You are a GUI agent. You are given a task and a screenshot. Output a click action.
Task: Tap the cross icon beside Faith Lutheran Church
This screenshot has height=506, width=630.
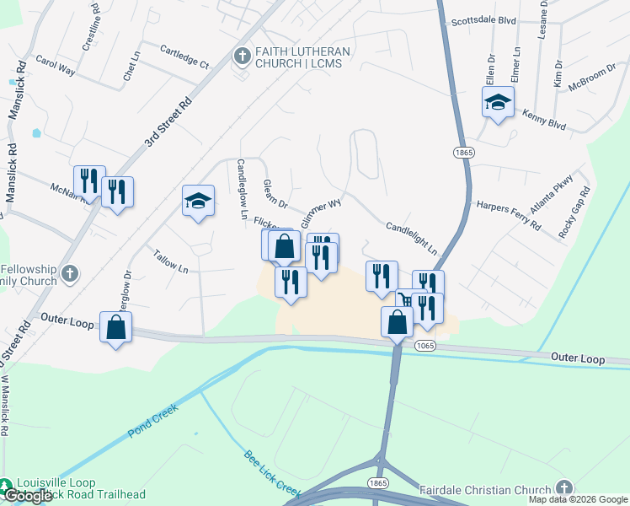[242, 57]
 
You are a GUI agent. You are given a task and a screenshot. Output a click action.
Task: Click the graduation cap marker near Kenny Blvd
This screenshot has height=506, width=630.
[498, 103]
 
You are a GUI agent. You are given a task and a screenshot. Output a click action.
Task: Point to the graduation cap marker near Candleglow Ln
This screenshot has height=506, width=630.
[198, 201]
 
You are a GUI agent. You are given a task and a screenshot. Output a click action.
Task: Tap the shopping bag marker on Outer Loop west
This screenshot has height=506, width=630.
[115, 327]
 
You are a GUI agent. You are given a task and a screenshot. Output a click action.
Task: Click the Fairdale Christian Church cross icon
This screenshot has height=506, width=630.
[563, 488]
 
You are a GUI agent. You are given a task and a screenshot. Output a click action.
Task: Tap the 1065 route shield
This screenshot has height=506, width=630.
[423, 346]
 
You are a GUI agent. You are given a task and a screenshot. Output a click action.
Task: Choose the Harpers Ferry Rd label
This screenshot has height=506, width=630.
[508, 215]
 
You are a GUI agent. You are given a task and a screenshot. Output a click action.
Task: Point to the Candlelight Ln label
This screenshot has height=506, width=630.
[412, 239]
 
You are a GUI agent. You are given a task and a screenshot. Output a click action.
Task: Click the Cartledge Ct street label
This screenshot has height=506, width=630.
[184, 56]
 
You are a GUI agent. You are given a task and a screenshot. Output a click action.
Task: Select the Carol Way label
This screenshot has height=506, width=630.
[55, 67]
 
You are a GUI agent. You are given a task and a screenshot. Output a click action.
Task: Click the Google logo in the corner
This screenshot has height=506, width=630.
[28, 496]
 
